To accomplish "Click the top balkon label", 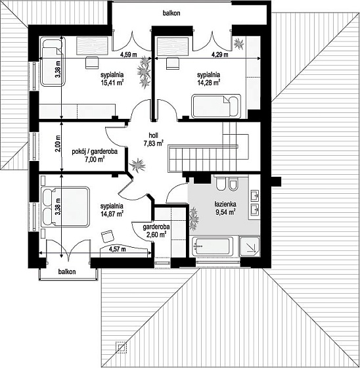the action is coord(171,13).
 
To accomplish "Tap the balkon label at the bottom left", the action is coord(67,272).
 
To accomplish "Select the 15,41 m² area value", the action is coord(112,83).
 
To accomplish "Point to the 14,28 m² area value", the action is coord(208,83).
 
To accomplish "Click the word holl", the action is coord(153,135).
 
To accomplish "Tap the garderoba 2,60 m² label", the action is coord(156,231).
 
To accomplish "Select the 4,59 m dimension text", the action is coord(128,55).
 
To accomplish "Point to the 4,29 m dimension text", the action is coord(220,55).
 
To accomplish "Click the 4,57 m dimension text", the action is coord(117,249).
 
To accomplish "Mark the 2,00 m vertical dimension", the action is coord(58,144).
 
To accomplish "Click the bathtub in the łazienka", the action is coord(212,246).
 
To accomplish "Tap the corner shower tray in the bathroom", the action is coord(249,246).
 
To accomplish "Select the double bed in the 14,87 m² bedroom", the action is coord(65,207).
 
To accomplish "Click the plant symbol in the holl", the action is coord(137,165).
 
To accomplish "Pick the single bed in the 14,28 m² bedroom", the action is coord(216,106).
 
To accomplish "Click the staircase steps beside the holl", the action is coord(202,158).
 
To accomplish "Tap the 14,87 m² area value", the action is coord(112,214).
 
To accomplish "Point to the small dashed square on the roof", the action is coord(121,347).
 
